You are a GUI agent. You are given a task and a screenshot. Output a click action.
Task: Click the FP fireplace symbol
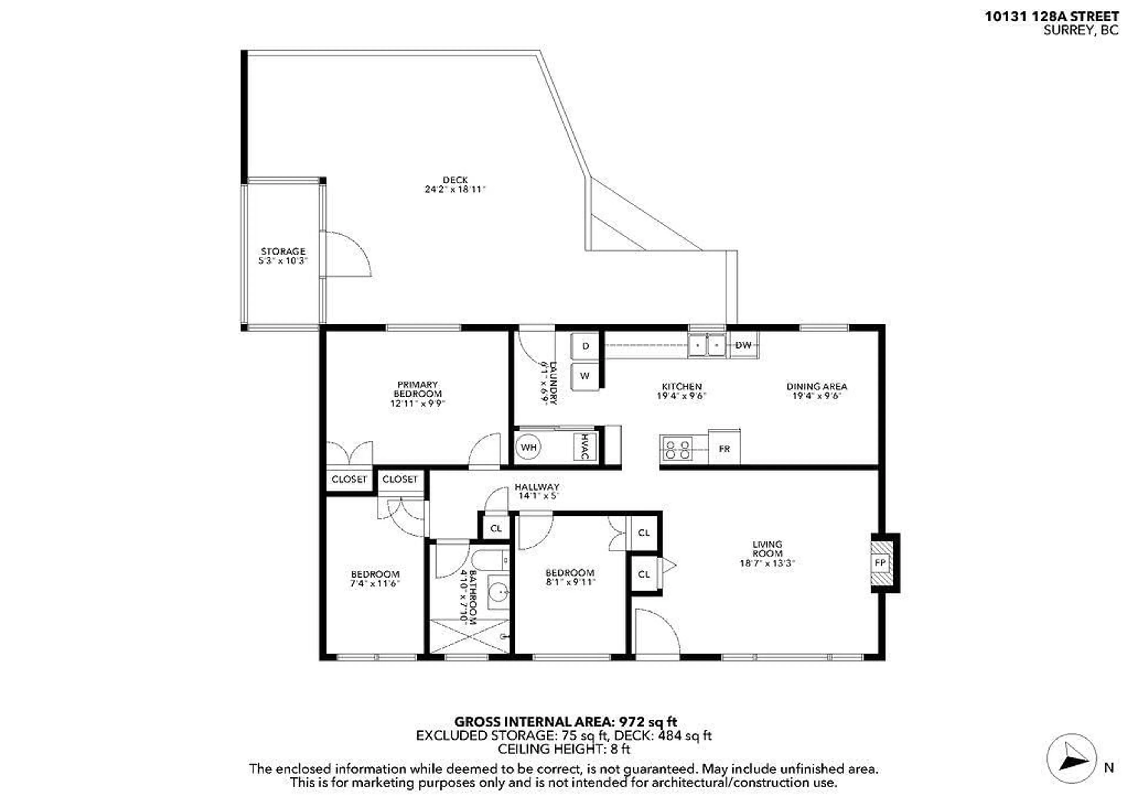tap(880, 563)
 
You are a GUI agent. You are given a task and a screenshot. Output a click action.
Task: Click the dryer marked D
tap(585, 346)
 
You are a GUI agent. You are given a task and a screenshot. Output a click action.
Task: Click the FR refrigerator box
tap(724, 449)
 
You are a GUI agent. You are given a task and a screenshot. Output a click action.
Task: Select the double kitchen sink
tap(707, 345)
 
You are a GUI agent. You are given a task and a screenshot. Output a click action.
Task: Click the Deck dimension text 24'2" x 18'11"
tap(455, 189)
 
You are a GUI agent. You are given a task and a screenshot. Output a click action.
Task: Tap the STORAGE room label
tap(283, 251)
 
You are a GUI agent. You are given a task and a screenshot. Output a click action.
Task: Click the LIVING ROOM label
tap(767, 549)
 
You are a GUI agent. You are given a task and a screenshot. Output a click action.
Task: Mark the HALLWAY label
tap(537, 487)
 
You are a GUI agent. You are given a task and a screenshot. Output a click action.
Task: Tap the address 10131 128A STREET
tap(1051, 17)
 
